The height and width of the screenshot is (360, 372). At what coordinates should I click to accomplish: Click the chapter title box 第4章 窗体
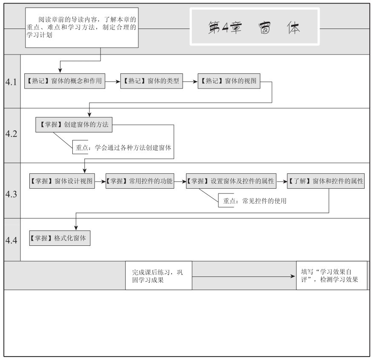pyautogui.click(x=255, y=26)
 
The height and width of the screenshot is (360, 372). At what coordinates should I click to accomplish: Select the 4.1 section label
pyautogui.click(x=11, y=82)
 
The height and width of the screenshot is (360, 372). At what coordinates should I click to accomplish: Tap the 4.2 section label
pyautogui.click(x=11, y=134)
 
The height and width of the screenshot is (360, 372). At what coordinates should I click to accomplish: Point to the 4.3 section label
pyautogui.click(x=11, y=194)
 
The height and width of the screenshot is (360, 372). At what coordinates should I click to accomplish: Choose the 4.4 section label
pyautogui.click(x=11, y=240)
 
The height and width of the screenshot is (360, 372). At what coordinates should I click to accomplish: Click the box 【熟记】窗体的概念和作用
pyautogui.click(x=65, y=81)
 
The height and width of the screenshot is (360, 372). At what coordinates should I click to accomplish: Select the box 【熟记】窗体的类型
pyautogui.click(x=152, y=81)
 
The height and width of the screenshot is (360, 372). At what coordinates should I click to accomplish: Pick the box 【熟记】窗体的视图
pyautogui.click(x=229, y=81)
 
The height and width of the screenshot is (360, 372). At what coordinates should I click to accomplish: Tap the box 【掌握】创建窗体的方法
pyautogui.click(x=74, y=125)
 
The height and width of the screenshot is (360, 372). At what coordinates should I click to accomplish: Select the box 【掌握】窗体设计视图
pyautogui.click(x=62, y=181)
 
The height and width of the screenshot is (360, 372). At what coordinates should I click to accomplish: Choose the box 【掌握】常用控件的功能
pyautogui.click(x=140, y=181)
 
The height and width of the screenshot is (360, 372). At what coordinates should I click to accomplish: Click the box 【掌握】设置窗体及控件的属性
pyautogui.click(x=231, y=181)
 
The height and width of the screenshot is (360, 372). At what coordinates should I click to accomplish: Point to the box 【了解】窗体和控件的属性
pyautogui.click(x=326, y=181)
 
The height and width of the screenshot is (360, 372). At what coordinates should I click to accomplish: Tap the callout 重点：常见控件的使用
pyautogui.click(x=253, y=201)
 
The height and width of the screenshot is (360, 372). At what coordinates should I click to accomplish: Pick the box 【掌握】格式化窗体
pyautogui.click(x=60, y=238)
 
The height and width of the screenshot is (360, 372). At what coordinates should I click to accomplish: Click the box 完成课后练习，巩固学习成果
pyautogui.click(x=158, y=276)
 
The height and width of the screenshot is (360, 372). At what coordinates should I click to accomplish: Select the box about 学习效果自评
pyautogui.click(x=332, y=276)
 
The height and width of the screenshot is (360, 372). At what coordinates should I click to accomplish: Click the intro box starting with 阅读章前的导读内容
pyautogui.click(x=82, y=28)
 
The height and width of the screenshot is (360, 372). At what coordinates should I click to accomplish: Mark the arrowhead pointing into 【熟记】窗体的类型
pyautogui.click(x=118, y=81)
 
